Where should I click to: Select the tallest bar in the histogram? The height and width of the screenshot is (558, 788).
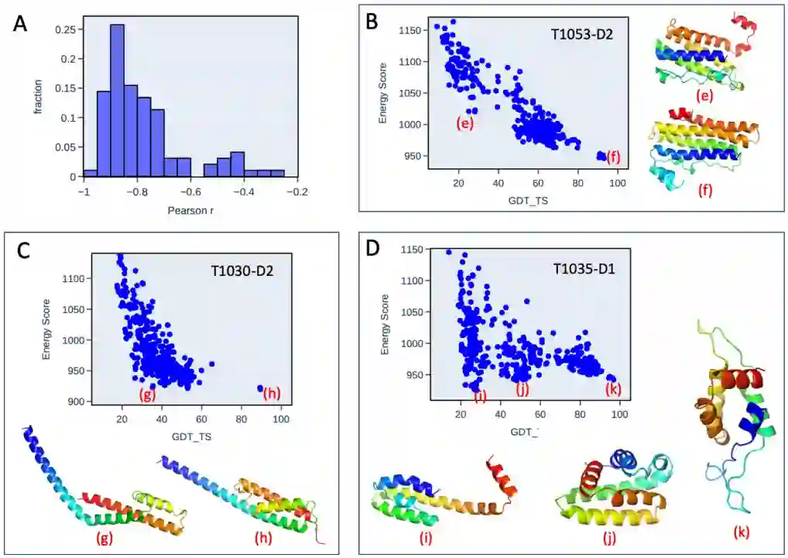[x=117, y=101]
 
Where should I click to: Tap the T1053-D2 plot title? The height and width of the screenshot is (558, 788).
[x=575, y=34]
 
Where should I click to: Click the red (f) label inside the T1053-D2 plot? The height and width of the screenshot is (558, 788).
[x=613, y=157]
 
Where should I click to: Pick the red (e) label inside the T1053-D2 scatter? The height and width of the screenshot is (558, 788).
[x=464, y=122]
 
